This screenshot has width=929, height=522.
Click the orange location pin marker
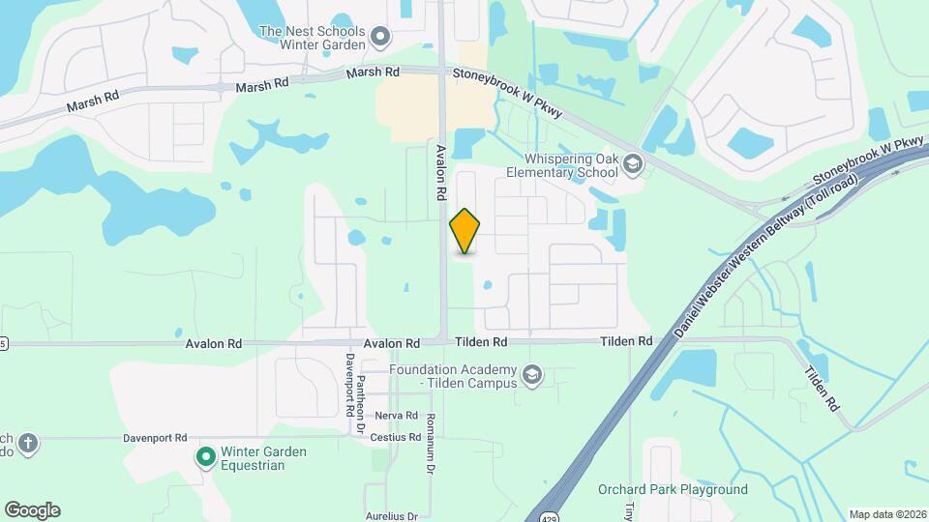pos(465,231)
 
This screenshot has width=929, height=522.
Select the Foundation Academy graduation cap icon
pos(530,374)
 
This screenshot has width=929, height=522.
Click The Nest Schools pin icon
pos(380,38)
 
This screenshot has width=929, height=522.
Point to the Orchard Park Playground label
pos(673,489)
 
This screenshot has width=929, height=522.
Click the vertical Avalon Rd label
pos(440,173)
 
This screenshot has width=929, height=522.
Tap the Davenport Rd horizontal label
pos(154,438)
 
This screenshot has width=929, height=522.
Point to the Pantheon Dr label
pos(360,405)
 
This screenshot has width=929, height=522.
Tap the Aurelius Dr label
pos(392,516)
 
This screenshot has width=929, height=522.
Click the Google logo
pos(32,510)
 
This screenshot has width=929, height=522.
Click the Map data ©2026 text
pos(886,514)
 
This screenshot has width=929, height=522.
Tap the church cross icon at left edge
pos(28,444)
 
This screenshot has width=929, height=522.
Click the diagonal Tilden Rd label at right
pos(821,388)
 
